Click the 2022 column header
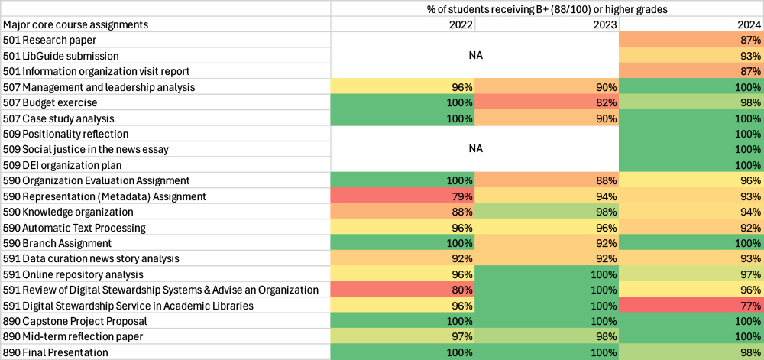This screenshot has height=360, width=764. coord(460,24)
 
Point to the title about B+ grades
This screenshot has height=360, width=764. coord(546,9)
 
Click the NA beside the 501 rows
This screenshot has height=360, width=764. coord(475,56)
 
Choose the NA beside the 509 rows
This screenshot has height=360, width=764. coord(475,149)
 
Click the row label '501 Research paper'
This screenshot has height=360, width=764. coord(49,40)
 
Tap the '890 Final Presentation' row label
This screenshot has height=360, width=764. coord(56,352)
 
